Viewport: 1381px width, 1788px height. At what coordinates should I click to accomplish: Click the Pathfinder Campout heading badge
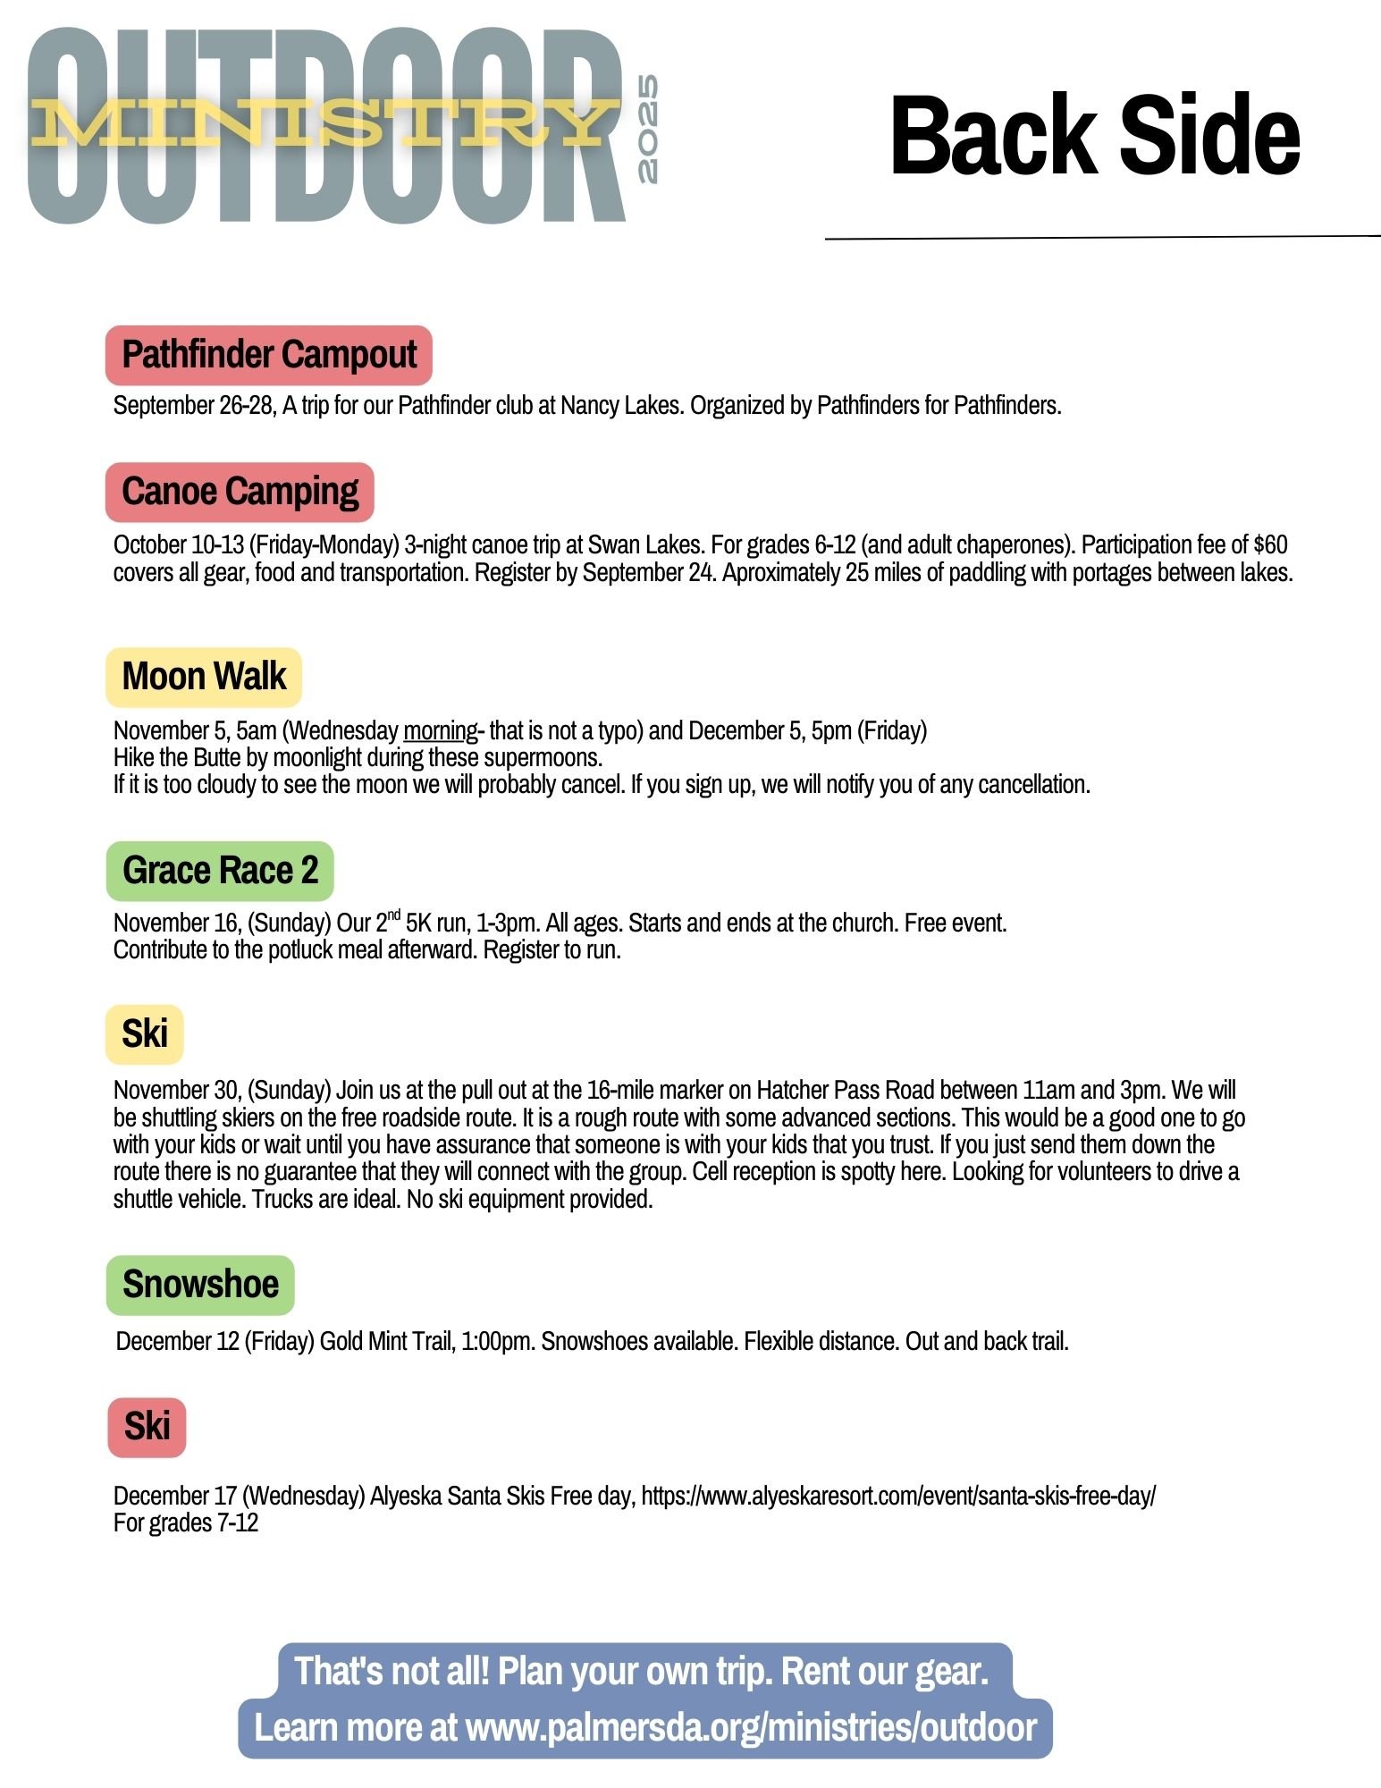click(x=268, y=355)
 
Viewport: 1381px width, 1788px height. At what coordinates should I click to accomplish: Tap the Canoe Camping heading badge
click(x=240, y=492)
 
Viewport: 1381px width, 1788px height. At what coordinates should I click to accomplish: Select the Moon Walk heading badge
click(x=204, y=677)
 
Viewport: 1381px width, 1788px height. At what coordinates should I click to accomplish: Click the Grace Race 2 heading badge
click(x=220, y=870)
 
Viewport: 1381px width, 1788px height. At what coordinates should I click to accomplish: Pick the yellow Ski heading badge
click(x=145, y=1034)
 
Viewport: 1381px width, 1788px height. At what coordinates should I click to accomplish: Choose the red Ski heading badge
click(x=147, y=1427)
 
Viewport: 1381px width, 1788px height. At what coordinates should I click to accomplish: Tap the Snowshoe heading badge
click(x=200, y=1285)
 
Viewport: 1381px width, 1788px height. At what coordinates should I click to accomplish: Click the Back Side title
click(x=1094, y=136)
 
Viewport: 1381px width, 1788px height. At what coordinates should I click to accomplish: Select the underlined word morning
click(x=441, y=731)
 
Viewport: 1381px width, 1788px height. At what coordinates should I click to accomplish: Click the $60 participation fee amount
click(x=1270, y=545)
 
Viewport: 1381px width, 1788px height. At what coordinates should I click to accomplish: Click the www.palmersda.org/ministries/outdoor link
click(x=751, y=1727)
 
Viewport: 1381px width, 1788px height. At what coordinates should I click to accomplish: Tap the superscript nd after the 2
click(x=393, y=915)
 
